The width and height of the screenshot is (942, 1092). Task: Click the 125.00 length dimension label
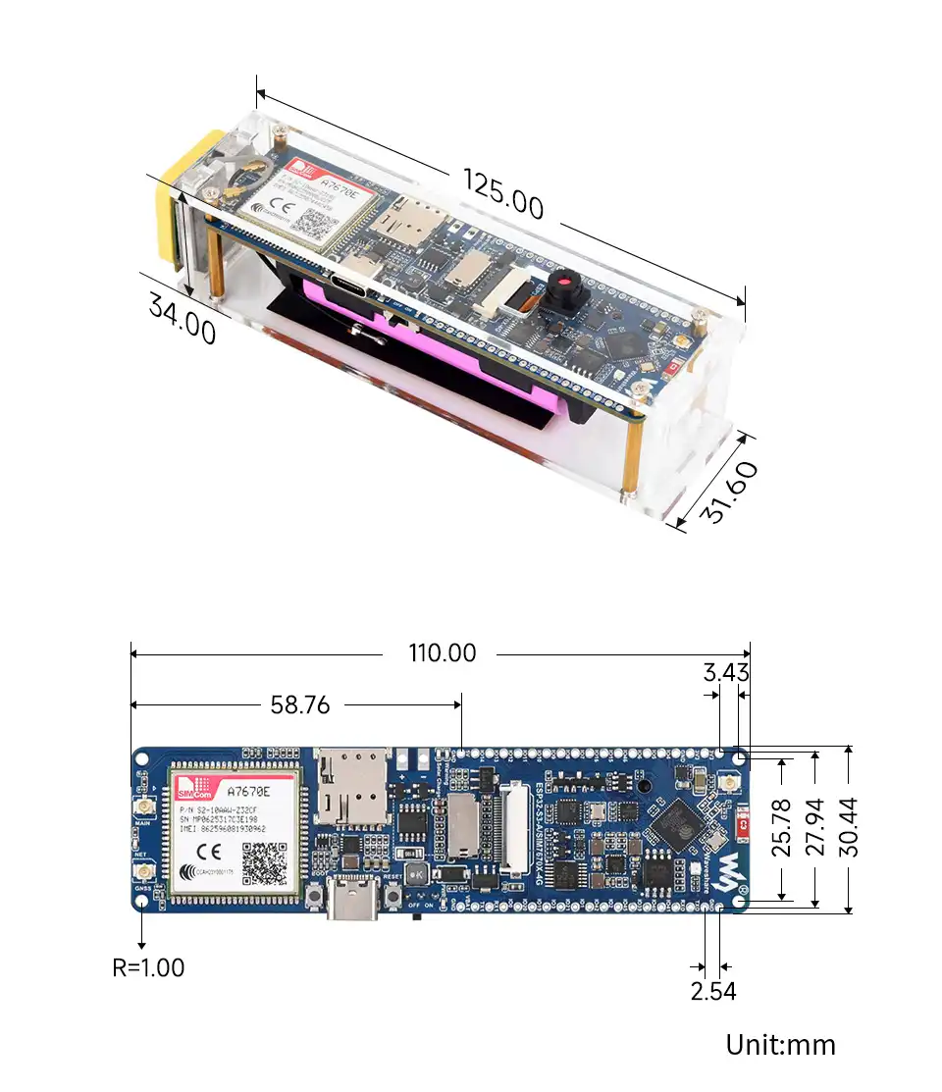click(x=502, y=194)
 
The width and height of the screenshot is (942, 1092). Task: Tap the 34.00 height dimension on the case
click(x=183, y=318)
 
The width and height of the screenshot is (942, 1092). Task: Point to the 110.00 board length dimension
click(x=442, y=653)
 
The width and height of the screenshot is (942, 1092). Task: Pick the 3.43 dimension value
click(x=725, y=673)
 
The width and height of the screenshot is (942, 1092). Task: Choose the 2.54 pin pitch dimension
click(x=712, y=991)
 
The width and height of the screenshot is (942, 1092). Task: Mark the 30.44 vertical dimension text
click(x=849, y=828)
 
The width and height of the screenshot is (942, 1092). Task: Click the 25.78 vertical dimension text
click(x=781, y=828)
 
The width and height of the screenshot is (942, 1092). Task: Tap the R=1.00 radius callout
click(x=148, y=967)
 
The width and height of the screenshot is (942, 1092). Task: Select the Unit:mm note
click(x=780, y=1045)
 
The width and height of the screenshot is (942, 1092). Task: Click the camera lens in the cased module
click(x=564, y=286)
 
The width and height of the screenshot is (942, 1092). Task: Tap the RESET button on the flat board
click(x=394, y=895)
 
